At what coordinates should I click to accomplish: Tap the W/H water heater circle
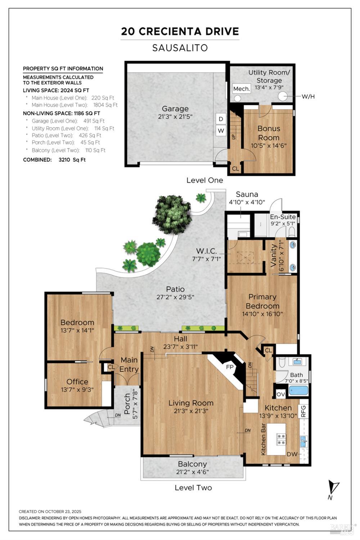point(283,96)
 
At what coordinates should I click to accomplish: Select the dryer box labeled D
point(221,119)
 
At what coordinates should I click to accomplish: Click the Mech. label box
point(241,89)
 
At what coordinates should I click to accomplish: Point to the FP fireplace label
point(230,368)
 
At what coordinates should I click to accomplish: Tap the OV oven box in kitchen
point(281,394)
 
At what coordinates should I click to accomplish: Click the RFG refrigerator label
point(303,411)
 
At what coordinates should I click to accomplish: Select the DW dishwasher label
point(292,454)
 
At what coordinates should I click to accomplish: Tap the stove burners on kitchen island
point(281,439)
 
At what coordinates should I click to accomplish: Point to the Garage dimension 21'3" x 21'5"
point(175,117)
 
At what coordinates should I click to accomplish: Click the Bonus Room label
point(269,133)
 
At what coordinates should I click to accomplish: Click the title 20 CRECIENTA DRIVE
point(180,31)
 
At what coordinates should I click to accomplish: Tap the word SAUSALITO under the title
point(180,48)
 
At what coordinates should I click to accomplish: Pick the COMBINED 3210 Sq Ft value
point(72,159)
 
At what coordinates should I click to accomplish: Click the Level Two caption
point(193,488)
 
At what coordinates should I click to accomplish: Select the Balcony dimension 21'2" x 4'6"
point(193,472)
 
